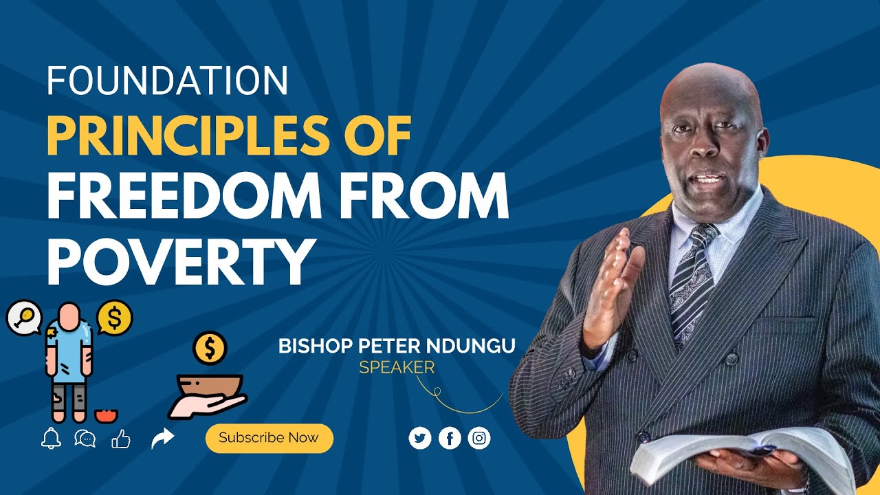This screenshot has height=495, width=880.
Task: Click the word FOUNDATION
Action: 167,81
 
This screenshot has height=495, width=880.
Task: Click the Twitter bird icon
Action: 420,438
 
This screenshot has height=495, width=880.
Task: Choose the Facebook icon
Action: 450,438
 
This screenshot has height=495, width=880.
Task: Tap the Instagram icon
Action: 479,438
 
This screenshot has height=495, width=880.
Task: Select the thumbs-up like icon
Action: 121,438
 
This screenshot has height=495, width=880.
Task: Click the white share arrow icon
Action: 163,438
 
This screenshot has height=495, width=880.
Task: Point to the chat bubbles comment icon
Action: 85,438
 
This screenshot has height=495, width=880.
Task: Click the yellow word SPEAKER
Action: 397,368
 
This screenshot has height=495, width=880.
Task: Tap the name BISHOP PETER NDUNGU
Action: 397,346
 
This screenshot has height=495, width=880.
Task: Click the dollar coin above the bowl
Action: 210,349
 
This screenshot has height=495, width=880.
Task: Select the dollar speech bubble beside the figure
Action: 114,318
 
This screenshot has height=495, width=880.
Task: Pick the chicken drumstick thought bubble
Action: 24,316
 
